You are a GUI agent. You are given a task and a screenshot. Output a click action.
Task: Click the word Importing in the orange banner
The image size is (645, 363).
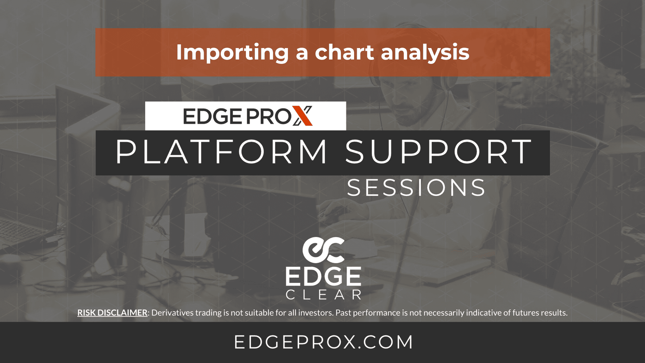click(232, 53)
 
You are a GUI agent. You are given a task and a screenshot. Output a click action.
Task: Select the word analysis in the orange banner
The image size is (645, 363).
click(425, 53)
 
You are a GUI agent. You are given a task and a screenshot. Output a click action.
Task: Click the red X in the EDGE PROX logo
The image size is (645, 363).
click(302, 116)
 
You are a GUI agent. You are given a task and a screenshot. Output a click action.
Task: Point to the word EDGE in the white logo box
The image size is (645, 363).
click(212, 116)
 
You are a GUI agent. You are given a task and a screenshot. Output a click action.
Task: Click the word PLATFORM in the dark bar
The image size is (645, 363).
click(221, 152)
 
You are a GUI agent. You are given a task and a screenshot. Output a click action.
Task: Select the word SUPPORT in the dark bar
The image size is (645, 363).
click(438, 152)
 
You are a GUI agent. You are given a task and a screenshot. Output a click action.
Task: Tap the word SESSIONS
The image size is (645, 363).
click(416, 188)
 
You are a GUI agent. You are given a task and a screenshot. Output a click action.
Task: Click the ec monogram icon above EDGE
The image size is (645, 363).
click(323, 250)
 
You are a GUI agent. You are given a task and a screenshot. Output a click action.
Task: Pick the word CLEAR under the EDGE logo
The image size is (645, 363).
click(323, 295)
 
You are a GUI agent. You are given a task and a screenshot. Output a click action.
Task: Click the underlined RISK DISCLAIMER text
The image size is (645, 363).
click(112, 313)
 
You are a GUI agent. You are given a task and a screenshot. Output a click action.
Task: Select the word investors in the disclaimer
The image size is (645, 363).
click(315, 313)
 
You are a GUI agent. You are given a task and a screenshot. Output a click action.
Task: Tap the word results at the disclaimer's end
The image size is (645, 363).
click(554, 313)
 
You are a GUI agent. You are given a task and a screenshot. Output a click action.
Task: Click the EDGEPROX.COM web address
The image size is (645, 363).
click(323, 342)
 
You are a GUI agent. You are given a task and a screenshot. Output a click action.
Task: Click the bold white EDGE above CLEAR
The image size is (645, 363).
click(323, 276)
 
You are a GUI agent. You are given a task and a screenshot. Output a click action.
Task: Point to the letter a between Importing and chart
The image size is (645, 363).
click(301, 54)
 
